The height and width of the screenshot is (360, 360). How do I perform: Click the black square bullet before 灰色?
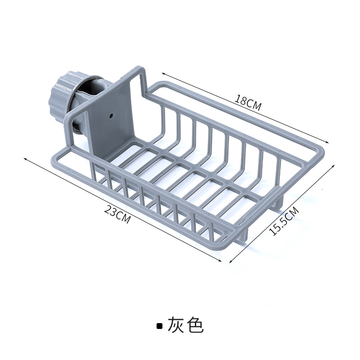(159, 326)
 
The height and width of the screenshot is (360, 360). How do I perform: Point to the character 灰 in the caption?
(176, 325)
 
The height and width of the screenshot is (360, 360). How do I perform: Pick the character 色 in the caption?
(196, 325)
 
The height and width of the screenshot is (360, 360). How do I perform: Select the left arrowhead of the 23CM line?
(24, 158)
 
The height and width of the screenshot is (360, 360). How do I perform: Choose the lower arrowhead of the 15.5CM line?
(231, 262)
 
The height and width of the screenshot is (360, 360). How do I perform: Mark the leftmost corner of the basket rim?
(52, 155)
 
